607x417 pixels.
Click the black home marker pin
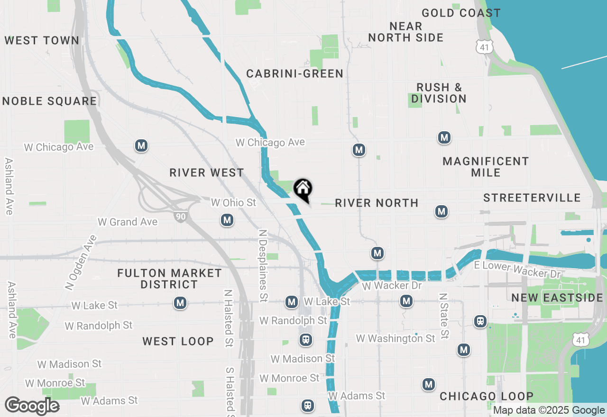303,190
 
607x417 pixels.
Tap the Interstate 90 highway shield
180,217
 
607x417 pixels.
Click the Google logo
32,406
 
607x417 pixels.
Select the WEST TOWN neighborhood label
42,41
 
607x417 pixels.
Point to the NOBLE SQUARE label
49,101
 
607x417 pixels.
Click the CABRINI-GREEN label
294,73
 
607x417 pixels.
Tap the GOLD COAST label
461,13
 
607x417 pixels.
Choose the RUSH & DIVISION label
439,93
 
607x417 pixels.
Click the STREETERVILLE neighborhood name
532,198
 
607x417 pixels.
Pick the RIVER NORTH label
377,203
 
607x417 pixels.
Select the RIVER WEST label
207,172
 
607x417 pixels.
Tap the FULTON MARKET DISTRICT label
169,279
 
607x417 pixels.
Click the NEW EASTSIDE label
557,298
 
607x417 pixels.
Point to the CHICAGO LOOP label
487,396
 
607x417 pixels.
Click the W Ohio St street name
233,203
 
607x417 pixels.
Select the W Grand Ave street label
127,222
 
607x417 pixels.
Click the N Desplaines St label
262,266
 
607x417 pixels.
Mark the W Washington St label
395,338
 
